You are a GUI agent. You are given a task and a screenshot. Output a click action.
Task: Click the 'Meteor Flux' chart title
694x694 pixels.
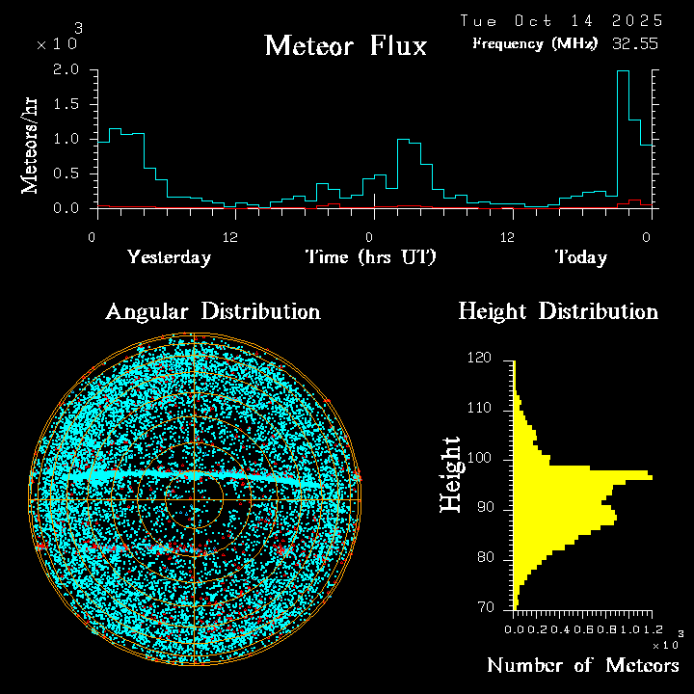(x=345, y=45)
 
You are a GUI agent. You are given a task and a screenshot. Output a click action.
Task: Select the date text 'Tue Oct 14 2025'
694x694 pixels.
(x=561, y=20)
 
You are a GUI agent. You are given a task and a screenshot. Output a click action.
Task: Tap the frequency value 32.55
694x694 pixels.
(x=636, y=43)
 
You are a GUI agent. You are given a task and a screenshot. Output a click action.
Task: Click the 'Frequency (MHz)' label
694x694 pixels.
(x=535, y=43)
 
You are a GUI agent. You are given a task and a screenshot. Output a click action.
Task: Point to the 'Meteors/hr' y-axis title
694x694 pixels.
(x=31, y=145)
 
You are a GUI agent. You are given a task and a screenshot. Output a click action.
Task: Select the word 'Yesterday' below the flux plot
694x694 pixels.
(x=169, y=257)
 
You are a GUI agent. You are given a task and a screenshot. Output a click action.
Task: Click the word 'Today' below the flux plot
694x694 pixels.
(x=580, y=257)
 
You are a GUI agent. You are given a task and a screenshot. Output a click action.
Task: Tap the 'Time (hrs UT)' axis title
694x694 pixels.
(x=371, y=257)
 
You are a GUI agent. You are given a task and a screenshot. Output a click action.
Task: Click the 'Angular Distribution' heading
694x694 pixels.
(x=212, y=311)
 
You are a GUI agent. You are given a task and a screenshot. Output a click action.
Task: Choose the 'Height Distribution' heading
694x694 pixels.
(x=558, y=311)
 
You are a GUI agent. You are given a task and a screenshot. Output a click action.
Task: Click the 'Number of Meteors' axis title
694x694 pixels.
(x=582, y=666)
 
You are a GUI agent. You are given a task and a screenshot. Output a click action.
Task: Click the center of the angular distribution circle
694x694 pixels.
(x=194, y=500)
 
